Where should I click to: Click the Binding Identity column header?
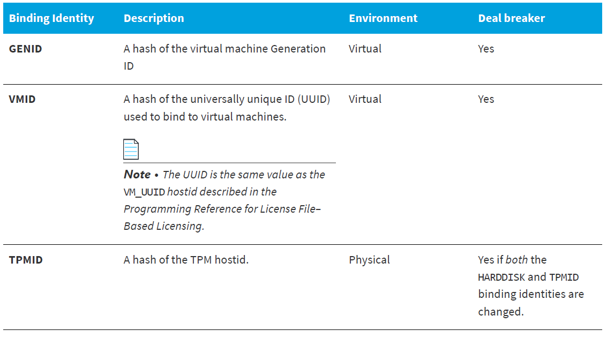tap(51, 18)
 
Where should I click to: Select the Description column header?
tap(154, 18)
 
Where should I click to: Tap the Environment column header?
tap(383, 18)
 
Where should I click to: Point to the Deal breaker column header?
tap(512, 18)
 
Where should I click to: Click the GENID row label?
tap(26, 49)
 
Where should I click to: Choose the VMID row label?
tap(22, 99)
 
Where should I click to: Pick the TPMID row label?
tap(26, 260)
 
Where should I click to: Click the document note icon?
tap(131, 149)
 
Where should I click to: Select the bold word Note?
tap(137, 175)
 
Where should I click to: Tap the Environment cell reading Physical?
tap(369, 260)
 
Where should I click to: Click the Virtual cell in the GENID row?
tap(365, 49)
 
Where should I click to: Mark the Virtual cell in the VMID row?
tap(365, 99)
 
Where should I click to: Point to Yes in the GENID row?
tap(486, 49)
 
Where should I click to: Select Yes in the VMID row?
tap(486, 99)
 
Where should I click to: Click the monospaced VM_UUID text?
tap(145, 192)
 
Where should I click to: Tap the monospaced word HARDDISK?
tap(501, 277)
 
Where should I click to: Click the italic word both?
tap(516, 260)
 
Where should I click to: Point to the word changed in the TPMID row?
tap(500, 312)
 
